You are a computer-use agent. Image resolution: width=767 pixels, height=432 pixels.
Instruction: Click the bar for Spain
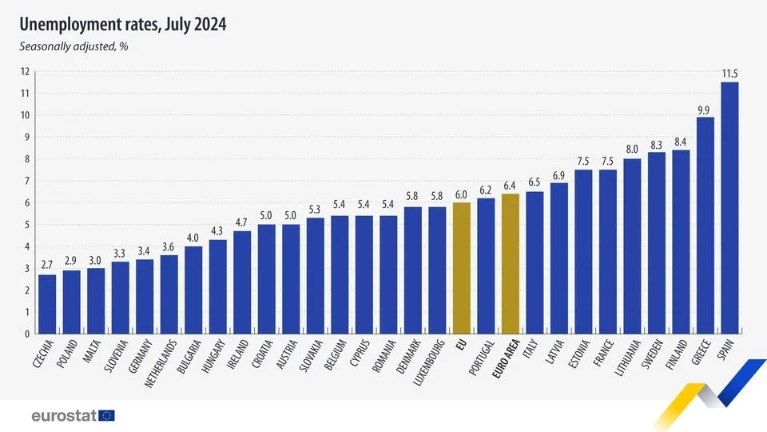pyautogui.click(x=729, y=208)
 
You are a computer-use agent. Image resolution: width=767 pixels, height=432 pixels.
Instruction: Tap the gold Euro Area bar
pyautogui.click(x=510, y=264)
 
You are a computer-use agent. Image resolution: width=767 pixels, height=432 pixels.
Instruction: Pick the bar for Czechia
pyautogui.click(x=47, y=304)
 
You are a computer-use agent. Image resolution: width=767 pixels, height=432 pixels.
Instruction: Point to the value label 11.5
pyautogui.click(x=729, y=74)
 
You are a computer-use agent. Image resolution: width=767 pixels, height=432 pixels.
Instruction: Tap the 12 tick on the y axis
pyautogui.click(x=26, y=72)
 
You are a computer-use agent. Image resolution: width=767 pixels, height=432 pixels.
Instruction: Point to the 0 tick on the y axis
pyautogui.click(x=27, y=334)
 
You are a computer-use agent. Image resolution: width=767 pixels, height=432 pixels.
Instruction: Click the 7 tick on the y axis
pyautogui.click(x=27, y=181)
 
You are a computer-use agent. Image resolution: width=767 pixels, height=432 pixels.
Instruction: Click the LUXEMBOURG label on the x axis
pyautogui.click(x=424, y=362)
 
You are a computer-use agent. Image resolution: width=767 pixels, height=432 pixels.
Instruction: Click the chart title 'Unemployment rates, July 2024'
pyautogui.click(x=123, y=25)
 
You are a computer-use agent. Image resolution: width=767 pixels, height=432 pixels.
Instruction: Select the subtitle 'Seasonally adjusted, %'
pyautogui.click(x=74, y=46)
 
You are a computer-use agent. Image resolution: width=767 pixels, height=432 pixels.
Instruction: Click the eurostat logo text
pyautogui.click(x=64, y=415)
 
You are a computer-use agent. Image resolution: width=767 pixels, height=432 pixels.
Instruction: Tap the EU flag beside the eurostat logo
pyautogui.click(x=107, y=415)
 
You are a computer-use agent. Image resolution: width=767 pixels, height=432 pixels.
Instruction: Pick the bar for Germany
pyautogui.click(x=145, y=296)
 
